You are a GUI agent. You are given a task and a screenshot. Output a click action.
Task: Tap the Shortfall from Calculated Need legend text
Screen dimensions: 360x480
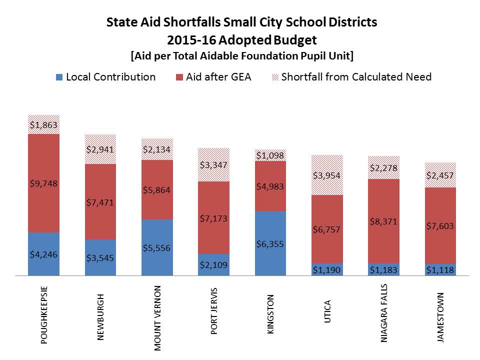356,77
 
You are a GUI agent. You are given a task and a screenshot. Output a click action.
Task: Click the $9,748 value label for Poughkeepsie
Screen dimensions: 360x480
43,183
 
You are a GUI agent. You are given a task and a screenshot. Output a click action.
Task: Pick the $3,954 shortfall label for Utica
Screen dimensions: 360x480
327,175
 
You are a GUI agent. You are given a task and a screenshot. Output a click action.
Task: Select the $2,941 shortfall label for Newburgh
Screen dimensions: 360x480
100,149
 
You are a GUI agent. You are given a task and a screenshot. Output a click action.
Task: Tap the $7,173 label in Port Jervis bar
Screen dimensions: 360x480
214,218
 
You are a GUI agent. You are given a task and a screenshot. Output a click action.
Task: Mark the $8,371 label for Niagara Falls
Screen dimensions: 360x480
384,221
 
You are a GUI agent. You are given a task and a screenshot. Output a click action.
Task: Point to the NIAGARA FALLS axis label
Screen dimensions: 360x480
384,312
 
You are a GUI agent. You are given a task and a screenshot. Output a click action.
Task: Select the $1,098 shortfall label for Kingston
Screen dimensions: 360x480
270,155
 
